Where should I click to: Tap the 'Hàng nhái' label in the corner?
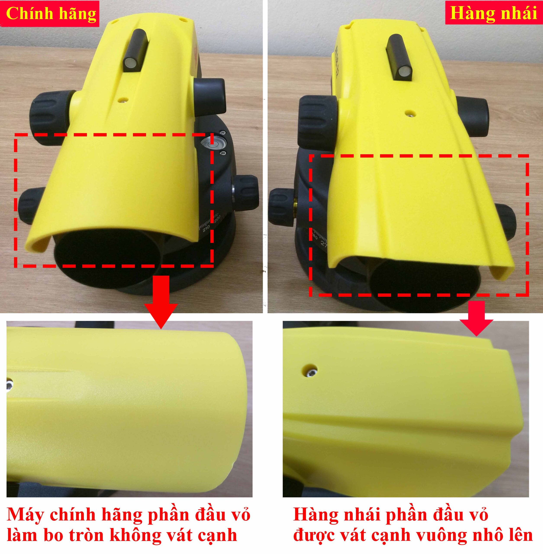click(x=494, y=13)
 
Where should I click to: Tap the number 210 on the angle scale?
click(x=206, y=228)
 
